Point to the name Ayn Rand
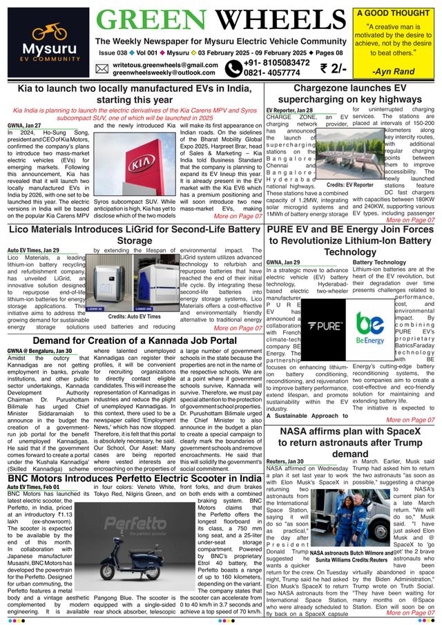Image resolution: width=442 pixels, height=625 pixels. click(x=393, y=71)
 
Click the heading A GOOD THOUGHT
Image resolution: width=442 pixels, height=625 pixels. click(x=393, y=12)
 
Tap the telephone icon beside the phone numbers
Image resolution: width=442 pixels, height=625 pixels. click(x=233, y=68)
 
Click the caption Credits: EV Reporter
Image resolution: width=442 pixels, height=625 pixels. click(x=349, y=186)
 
